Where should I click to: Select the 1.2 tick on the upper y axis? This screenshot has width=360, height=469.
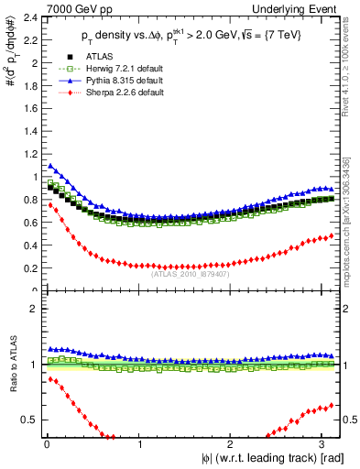pos(27,154)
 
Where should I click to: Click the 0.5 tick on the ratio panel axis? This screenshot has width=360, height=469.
pos(27,420)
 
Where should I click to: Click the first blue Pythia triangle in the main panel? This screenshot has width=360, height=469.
pos(49,166)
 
